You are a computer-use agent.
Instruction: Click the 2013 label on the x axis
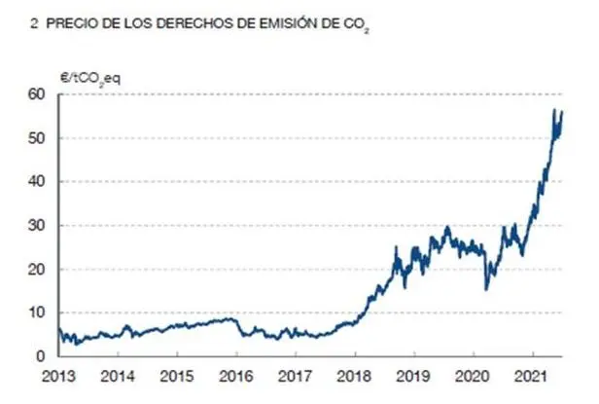[59, 376]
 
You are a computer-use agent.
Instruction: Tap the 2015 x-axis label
[176, 376]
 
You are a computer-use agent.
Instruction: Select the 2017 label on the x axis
[294, 376]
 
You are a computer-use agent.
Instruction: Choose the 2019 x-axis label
[411, 376]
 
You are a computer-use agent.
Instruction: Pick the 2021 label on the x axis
[528, 376]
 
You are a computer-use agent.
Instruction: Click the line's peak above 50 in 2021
[554, 111]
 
